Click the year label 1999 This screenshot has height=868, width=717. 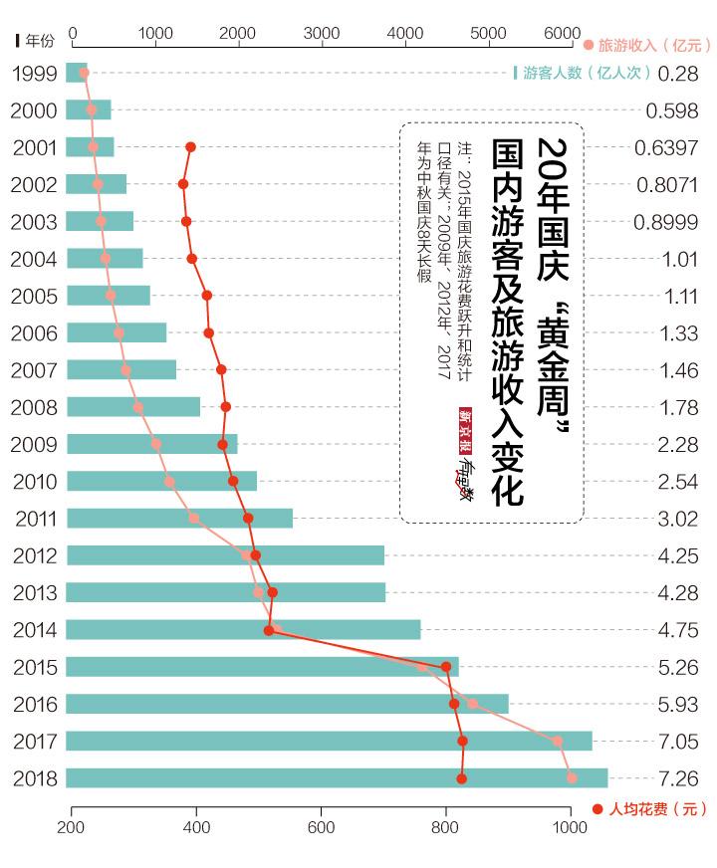33,73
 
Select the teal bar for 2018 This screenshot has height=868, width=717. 337,777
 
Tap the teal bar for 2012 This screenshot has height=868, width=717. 225,555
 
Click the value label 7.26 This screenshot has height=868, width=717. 678,777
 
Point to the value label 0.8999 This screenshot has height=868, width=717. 666,222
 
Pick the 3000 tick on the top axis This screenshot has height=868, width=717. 322,33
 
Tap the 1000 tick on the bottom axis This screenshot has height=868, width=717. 570,826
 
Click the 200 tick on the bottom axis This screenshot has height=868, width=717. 71,826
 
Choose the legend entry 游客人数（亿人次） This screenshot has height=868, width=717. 582,73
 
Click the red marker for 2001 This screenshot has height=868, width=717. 190,147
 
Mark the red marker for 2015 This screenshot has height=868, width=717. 446,667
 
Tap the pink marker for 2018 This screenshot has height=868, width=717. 571,777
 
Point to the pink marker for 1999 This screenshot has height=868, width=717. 84,73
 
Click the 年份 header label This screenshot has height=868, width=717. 36,40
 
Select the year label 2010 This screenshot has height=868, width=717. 33,482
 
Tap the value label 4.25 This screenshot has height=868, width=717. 678,555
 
